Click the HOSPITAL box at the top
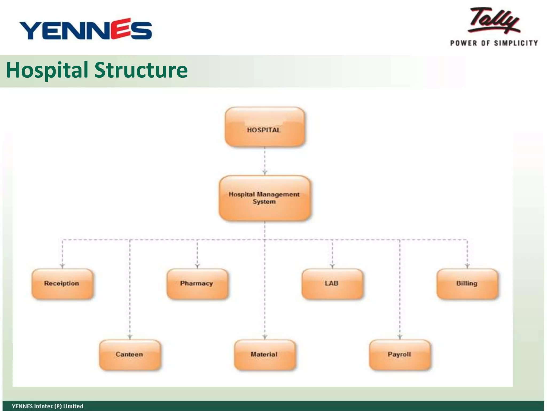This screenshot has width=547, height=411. [264, 127]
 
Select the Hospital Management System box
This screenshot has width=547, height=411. [264, 198]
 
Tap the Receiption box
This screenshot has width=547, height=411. [62, 284]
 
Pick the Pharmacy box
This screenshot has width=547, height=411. [197, 284]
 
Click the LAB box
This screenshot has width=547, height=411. [332, 284]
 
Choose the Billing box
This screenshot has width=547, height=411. [467, 284]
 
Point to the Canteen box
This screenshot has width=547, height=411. [130, 355]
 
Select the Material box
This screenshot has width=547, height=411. [265, 355]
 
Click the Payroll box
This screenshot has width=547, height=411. [400, 355]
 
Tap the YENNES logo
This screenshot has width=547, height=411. [85, 29]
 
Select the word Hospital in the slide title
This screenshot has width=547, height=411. [47, 70]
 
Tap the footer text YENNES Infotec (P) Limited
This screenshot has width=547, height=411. [48, 406]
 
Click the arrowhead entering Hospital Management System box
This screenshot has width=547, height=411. [265, 173]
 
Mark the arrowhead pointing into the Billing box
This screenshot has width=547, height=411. [467, 266]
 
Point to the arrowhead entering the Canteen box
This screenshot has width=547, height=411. [130, 337]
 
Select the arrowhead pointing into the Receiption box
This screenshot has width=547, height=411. [62, 266]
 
